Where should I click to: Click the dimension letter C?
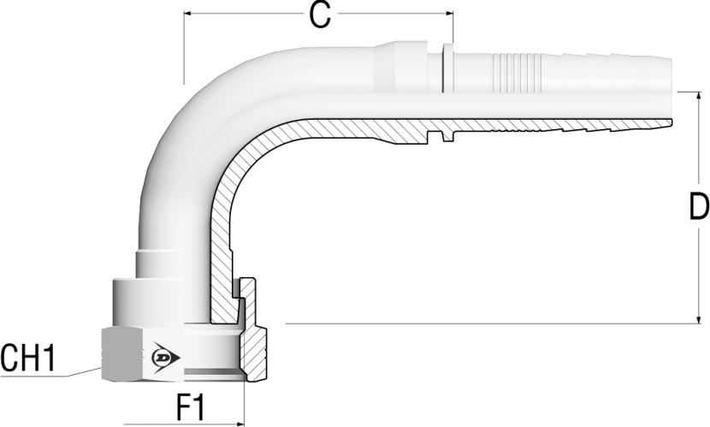pyautogui.click(x=320, y=15)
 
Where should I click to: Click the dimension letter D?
pyautogui.click(x=699, y=206)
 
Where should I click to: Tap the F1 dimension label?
pyautogui.click(x=190, y=407)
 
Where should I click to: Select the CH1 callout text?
pyautogui.click(x=28, y=358)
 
